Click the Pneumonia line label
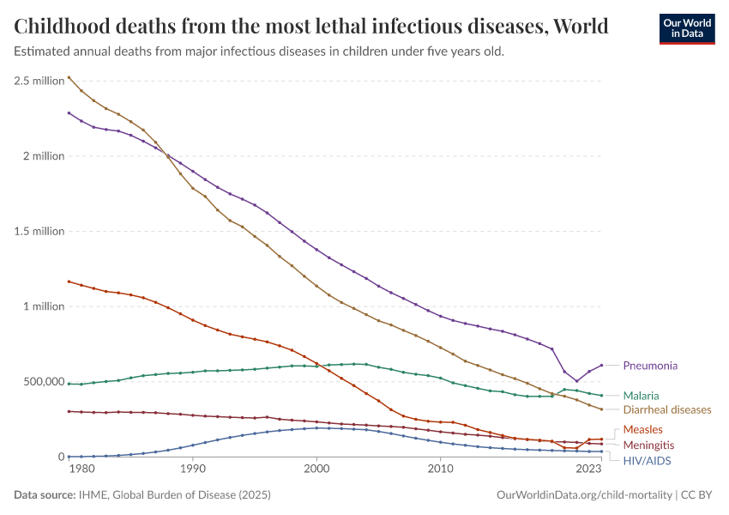pyautogui.click(x=649, y=366)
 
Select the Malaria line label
pyautogui.click(x=641, y=396)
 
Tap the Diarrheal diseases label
pyautogui.click(x=666, y=409)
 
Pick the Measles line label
pyautogui.click(x=642, y=429)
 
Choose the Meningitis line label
pyautogui.click(x=648, y=445)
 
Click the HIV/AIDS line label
pyautogui.click(x=647, y=461)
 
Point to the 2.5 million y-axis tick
pyautogui.click(x=39, y=81)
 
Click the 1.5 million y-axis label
pyautogui.click(x=39, y=232)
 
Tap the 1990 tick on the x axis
pyautogui.click(x=192, y=470)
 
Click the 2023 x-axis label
pyautogui.click(x=588, y=470)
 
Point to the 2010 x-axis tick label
pyautogui.click(x=440, y=470)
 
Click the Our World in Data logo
pyautogui.click(x=686, y=28)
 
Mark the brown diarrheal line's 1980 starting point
pyautogui.click(x=69, y=77)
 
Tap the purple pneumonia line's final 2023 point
pyautogui.click(x=601, y=365)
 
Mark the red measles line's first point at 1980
pyautogui.click(x=69, y=282)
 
